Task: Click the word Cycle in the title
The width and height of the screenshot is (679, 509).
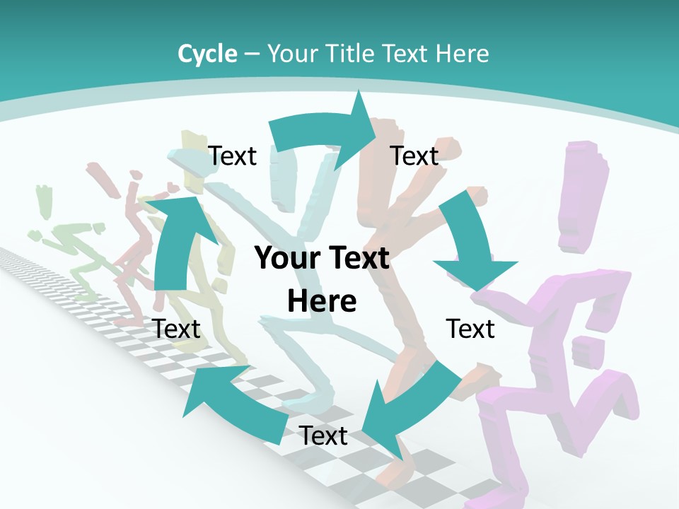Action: tap(207, 54)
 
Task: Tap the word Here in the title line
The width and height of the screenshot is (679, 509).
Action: tap(463, 54)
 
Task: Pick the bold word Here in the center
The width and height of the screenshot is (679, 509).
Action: tap(322, 302)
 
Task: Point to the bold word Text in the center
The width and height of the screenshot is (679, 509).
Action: tap(358, 259)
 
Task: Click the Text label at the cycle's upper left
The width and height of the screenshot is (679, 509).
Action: tap(232, 156)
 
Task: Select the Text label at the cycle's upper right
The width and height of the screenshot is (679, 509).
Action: tap(414, 156)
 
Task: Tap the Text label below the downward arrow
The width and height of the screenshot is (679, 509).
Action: tap(470, 329)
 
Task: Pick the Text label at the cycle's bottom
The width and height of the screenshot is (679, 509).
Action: tap(323, 436)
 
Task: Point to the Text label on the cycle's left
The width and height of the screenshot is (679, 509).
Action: tap(176, 329)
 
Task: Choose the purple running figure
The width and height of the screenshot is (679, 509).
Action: tap(559, 368)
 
